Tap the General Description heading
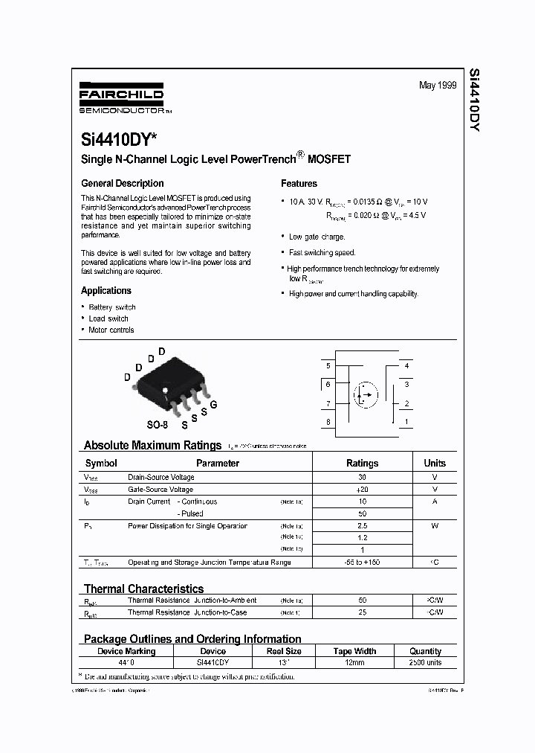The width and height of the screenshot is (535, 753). [122, 184]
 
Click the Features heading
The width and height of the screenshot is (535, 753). [299, 184]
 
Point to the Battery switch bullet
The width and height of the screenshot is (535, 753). [111, 307]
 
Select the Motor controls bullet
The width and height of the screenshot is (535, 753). [111, 330]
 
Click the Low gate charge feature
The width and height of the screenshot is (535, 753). [317, 237]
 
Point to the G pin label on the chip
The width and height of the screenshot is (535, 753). [213, 405]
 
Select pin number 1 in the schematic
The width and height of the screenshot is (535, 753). [406, 422]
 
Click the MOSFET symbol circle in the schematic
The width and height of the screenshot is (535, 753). [363, 394]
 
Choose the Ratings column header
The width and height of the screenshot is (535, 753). [362, 463]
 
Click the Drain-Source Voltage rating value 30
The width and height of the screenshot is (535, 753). [362, 477]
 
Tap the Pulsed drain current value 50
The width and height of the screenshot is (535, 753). [362, 513]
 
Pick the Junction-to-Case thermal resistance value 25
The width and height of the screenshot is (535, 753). [362, 612]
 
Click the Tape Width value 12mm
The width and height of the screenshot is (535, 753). [353, 662]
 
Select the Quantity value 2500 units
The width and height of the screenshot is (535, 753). [425, 662]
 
